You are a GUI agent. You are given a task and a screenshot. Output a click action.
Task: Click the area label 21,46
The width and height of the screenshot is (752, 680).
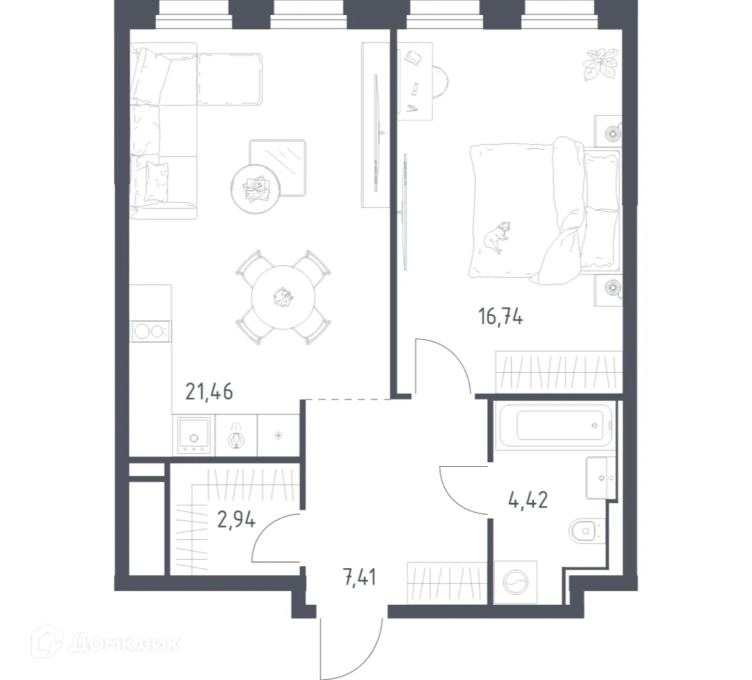pos(209,392)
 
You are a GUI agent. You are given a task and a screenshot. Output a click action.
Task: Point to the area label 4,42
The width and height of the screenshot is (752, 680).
pos(527,501)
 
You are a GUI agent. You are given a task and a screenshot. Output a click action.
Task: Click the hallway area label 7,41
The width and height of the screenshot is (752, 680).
pos(359,577)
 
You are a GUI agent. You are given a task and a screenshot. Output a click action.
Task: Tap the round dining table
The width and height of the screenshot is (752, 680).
pos(282,297)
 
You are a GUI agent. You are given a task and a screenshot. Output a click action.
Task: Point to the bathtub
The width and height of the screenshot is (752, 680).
pos(555,426)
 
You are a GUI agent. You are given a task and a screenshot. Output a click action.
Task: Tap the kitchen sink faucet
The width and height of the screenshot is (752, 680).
pos(236,437)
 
